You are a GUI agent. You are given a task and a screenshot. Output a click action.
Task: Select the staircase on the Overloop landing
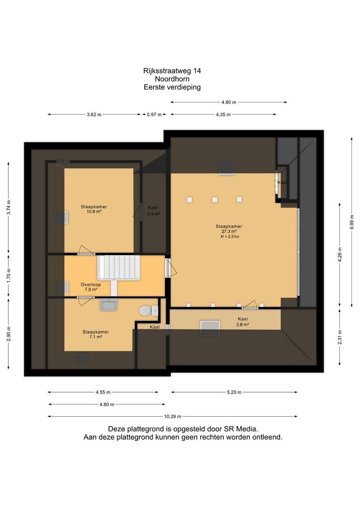click(118, 268)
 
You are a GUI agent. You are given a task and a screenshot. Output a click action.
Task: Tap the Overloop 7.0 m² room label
click(91, 287)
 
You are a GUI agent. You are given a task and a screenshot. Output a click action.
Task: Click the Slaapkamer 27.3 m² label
click(229, 229)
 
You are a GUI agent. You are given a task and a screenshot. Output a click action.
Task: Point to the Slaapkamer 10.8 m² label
click(94, 209)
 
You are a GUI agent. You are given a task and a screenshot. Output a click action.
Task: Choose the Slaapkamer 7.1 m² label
click(96, 334)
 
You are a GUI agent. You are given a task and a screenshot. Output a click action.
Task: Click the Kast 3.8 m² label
click(243, 322)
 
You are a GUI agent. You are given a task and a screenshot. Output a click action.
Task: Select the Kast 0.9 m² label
click(154, 211)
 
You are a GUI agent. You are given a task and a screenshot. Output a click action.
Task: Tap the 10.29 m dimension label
click(172, 417)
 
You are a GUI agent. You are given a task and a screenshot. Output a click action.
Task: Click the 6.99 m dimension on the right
click(352, 222)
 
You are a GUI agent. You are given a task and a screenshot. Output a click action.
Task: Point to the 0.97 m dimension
click(154, 115)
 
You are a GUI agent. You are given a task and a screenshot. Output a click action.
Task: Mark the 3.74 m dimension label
click(9, 207)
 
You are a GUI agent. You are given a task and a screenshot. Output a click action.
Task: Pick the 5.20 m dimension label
click(234, 392)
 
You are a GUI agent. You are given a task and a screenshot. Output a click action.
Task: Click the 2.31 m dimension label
click(340, 337)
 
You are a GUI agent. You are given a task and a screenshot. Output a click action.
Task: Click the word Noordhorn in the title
click(172, 79)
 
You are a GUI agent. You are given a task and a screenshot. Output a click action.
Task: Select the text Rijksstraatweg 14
click(172, 71)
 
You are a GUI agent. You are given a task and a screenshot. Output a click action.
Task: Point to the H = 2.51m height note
click(230, 237)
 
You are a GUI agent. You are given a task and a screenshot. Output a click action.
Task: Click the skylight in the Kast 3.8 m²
click(210, 328)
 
